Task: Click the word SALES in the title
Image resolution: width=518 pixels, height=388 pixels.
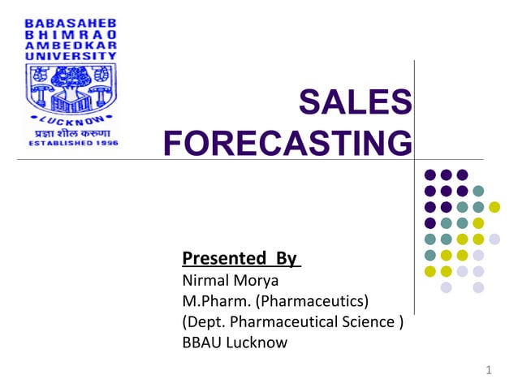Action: coord(355,104)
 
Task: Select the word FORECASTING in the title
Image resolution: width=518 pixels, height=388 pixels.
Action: coord(287,144)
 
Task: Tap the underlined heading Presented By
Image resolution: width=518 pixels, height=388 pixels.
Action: coord(241,259)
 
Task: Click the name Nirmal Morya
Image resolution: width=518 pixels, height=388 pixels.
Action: coord(230,281)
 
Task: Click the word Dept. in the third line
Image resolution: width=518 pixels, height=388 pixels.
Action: coord(206,321)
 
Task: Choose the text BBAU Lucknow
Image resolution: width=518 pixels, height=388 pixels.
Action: coord(235,342)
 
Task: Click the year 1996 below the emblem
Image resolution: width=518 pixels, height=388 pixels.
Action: coord(107,143)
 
